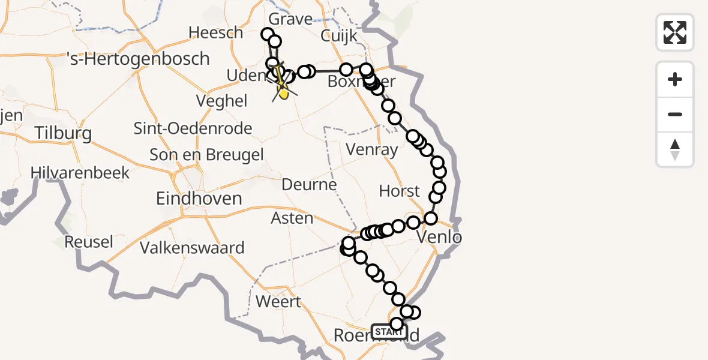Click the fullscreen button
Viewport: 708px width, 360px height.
click(675, 32)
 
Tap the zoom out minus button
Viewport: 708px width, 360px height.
click(675, 114)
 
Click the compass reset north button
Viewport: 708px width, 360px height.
click(675, 149)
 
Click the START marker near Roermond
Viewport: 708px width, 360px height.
click(389, 331)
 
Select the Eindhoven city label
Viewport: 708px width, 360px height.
click(199, 199)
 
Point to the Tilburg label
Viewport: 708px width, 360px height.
click(63, 133)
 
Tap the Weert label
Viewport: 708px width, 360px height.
click(278, 301)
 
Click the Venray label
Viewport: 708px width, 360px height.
click(372, 149)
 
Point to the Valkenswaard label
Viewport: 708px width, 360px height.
click(192, 248)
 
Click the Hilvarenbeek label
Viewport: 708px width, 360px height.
click(80, 173)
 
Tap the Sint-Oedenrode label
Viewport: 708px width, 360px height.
click(193, 128)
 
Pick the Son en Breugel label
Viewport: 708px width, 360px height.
click(206, 155)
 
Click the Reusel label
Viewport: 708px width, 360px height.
click(89, 242)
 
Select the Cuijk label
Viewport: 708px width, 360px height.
click(338, 36)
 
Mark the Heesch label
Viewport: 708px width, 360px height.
click(215, 32)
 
